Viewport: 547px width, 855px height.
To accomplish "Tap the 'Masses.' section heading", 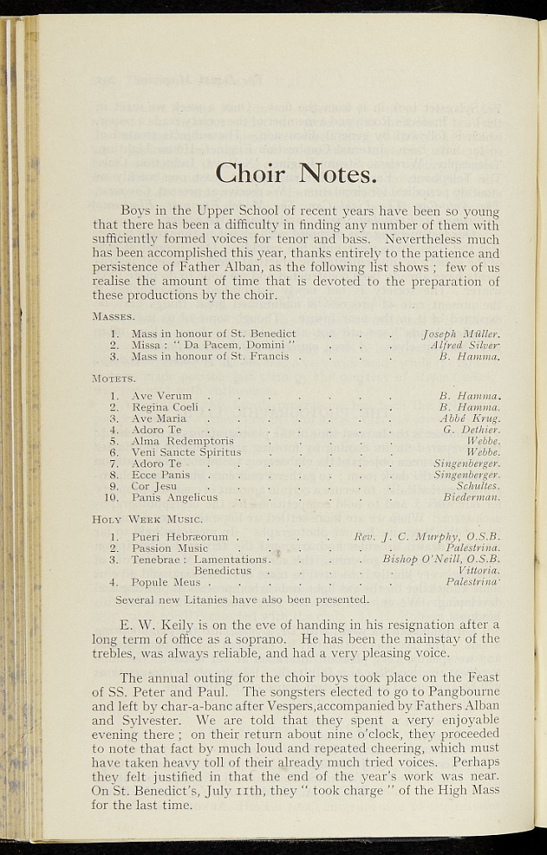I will [x=114, y=316].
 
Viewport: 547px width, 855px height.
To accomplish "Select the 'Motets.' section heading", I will [x=114, y=378].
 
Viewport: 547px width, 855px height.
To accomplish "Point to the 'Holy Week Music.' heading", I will [x=142, y=519].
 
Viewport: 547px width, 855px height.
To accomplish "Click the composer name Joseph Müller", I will [x=461, y=333].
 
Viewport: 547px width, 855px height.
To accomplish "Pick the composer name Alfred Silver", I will [x=465, y=345].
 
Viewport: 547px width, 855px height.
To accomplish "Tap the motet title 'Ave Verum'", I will [x=162, y=396].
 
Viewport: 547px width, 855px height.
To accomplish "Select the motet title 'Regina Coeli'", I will [x=165, y=407].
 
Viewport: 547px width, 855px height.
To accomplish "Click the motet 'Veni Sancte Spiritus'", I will [x=186, y=453].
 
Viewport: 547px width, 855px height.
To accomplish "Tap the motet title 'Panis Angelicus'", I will [x=175, y=498].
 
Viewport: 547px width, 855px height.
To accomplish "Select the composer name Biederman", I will [x=472, y=498].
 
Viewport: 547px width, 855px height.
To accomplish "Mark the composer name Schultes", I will [x=478, y=486].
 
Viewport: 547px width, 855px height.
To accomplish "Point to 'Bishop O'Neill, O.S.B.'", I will [x=441, y=559].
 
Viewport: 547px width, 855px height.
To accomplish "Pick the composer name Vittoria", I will [x=479, y=570].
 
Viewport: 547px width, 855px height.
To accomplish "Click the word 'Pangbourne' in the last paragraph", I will [x=462, y=691].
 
